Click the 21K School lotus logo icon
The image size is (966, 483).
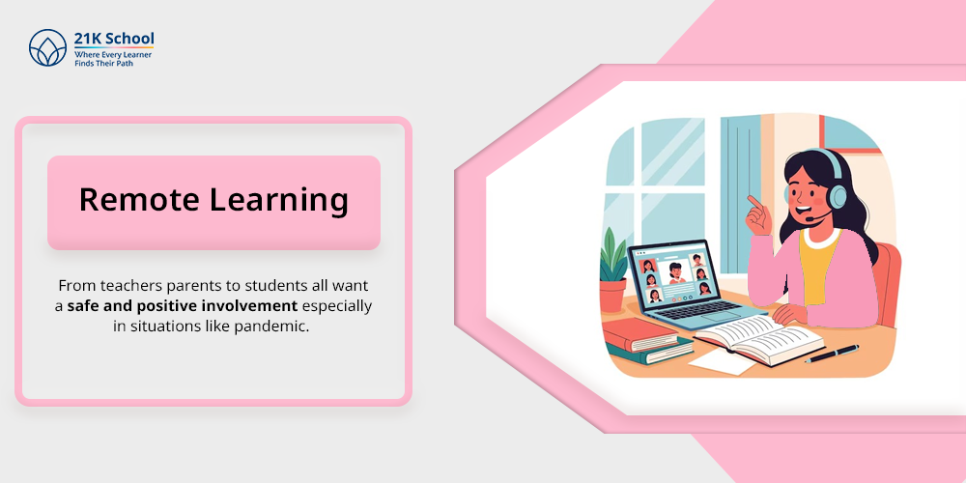click(47, 47)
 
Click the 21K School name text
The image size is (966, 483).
click(114, 39)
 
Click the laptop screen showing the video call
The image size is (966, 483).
click(674, 277)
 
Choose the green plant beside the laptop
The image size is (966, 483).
click(612, 258)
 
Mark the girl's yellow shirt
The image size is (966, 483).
click(817, 267)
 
